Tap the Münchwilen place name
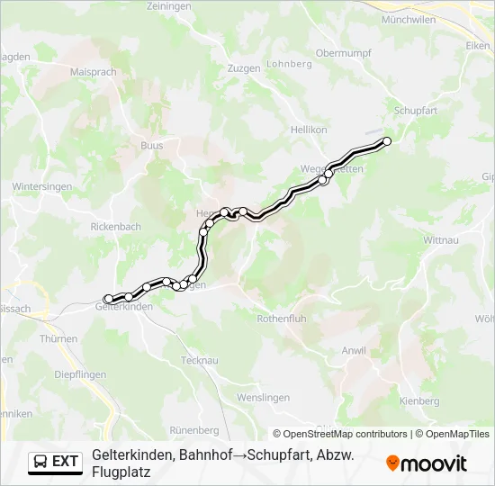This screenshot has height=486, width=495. tap(409, 19)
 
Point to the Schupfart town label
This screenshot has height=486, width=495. tap(415, 111)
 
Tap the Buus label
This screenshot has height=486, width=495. tap(152, 144)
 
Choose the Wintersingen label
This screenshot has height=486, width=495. tap(37, 186)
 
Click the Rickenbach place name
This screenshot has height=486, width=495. tap(116, 227)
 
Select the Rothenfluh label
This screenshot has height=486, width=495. tap(283, 319)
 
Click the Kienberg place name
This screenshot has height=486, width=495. tap(419, 400)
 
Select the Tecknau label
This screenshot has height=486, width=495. tap(200, 359)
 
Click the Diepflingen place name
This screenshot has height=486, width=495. tap(80, 373)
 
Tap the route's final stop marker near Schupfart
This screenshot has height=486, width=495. tap(387, 140)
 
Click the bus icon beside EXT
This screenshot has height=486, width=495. tap(40, 462)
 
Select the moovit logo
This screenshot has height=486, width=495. tap(427, 463)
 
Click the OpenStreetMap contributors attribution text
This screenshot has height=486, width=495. tap(340, 434)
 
